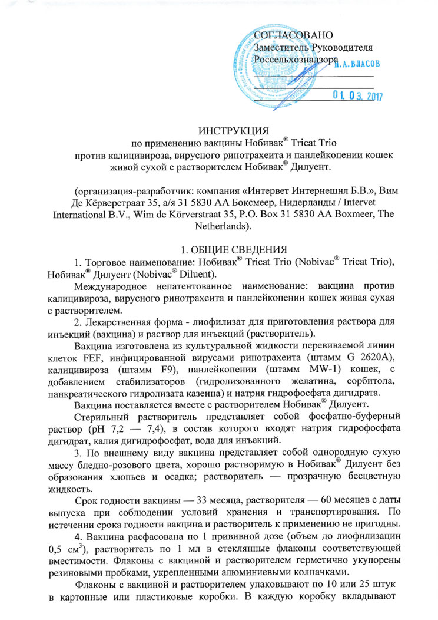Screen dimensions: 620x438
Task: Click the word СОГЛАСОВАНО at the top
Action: click(293, 34)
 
